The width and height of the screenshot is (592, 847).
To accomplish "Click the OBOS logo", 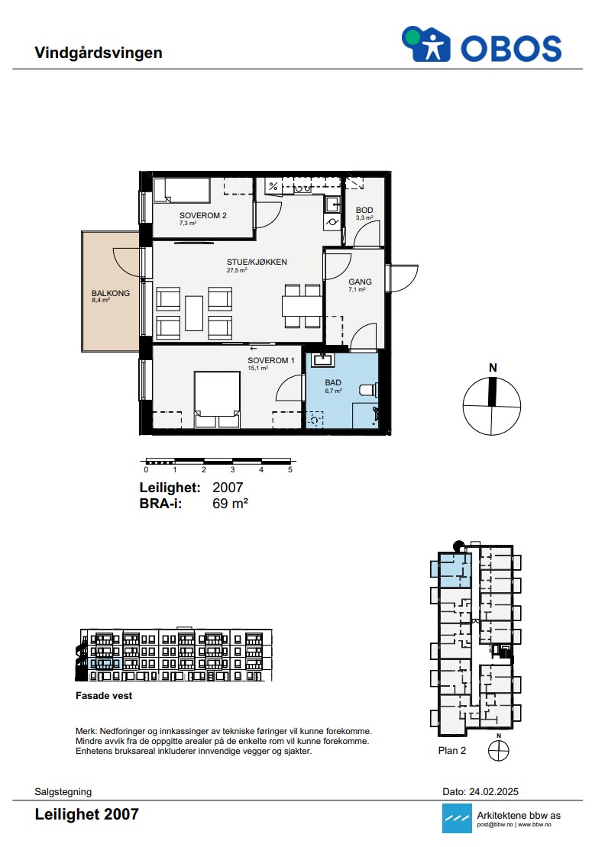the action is pyautogui.click(x=481, y=45).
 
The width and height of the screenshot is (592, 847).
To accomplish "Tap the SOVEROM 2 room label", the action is pyautogui.click(x=202, y=215).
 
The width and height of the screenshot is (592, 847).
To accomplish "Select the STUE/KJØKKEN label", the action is pyautogui.click(x=257, y=262).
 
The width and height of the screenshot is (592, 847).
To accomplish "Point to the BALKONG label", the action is pyautogui.click(x=111, y=293).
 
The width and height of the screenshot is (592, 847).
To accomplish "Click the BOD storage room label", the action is pyautogui.click(x=364, y=210).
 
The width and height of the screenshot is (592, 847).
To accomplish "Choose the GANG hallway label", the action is pyautogui.click(x=360, y=282).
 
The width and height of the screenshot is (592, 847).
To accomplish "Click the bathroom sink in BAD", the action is pyautogui.click(x=323, y=359).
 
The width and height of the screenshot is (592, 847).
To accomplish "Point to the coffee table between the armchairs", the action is pyautogui.click(x=194, y=313).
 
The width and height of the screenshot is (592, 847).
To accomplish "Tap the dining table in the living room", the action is pyautogui.click(x=302, y=306).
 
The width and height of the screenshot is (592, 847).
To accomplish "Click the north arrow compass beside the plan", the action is pyautogui.click(x=492, y=406).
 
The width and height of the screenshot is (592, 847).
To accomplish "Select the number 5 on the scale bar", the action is pyautogui.click(x=290, y=470).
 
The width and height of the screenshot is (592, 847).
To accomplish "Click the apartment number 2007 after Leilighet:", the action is pyautogui.click(x=228, y=488).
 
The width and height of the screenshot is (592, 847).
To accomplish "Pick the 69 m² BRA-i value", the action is pyautogui.click(x=231, y=504).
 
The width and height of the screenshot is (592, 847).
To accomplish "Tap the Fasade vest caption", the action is pyautogui.click(x=104, y=696).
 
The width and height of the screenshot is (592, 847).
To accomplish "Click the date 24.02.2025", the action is pyautogui.click(x=493, y=792).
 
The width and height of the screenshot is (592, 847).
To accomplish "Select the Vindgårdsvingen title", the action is pyautogui.click(x=99, y=53).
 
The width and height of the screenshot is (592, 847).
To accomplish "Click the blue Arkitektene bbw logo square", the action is pyautogui.click(x=457, y=818).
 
